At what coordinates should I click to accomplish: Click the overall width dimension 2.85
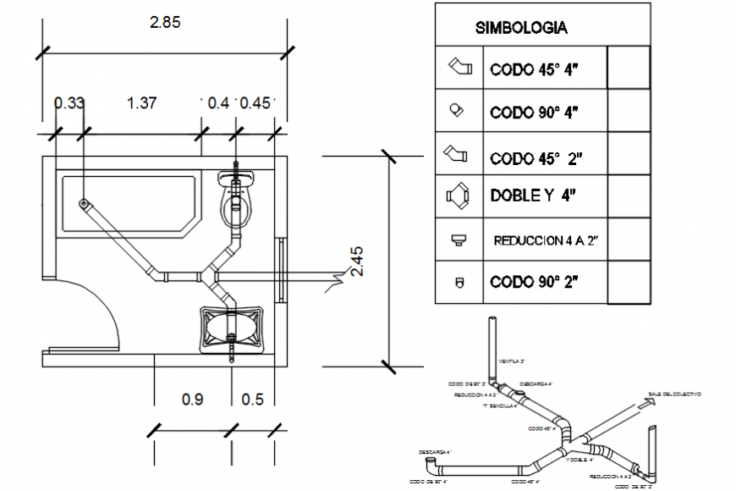tap(165, 23)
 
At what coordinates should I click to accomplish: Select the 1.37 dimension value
tap(141, 103)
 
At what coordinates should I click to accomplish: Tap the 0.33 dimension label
tap(69, 103)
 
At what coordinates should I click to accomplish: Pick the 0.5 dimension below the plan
tap(251, 399)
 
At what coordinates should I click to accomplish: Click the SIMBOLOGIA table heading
tap(521, 27)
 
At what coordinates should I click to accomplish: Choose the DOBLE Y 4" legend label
tap(533, 196)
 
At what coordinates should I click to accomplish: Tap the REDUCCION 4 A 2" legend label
tap(546, 240)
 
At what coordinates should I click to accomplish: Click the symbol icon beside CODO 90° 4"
tap(457, 109)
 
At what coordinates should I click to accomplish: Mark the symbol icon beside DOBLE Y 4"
tap(459, 196)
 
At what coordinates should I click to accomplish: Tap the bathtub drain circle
tap(85, 203)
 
